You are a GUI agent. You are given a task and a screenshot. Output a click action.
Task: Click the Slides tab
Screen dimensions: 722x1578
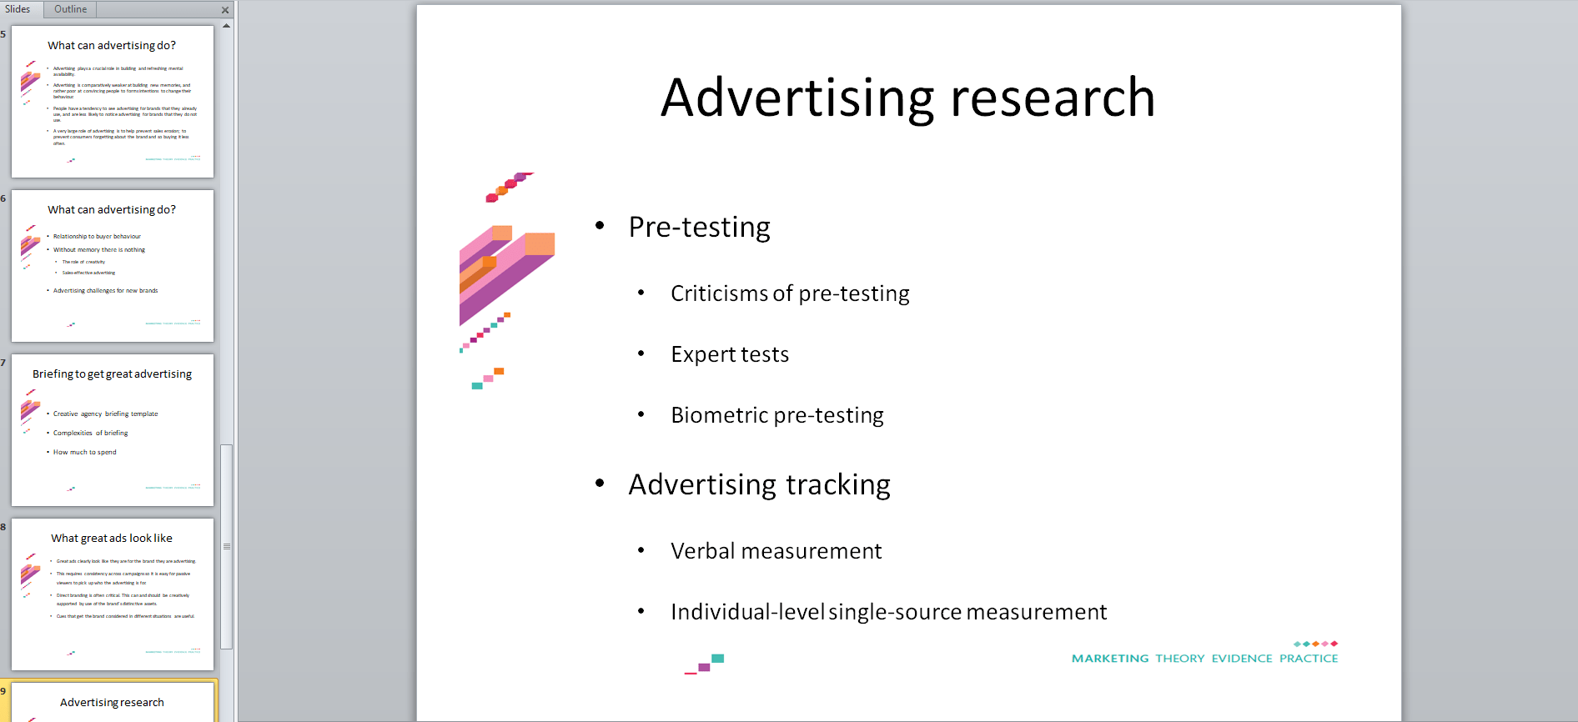click(x=18, y=9)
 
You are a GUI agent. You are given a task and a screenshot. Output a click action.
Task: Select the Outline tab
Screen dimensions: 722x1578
click(x=70, y=9)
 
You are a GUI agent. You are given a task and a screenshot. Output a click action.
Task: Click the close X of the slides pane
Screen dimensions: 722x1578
click(x=225, y=10)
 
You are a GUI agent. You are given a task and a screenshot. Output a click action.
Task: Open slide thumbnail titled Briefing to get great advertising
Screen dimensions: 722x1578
click(x=113, y=430)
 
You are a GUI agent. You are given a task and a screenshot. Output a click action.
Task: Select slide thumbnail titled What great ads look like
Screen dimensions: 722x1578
click(x=113, y=594)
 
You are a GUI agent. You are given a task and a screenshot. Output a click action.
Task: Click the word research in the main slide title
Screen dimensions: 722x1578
click(x=1053, y=98)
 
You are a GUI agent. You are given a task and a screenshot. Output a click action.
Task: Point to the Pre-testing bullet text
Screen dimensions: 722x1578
click(x=699, y=227)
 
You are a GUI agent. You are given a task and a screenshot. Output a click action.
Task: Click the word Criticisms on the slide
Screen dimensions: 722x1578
click(x=719, y=293)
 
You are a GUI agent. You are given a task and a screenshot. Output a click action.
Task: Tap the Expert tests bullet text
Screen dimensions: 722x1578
click(x=730, y=354)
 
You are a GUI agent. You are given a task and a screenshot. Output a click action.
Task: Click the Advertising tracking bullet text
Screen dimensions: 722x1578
click(x=759, y=484)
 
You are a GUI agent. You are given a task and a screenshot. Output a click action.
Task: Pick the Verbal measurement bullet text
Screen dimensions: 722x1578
click(x=776, y=551)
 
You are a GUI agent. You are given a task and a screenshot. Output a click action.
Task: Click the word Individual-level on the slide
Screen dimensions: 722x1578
click(x=747, y=612)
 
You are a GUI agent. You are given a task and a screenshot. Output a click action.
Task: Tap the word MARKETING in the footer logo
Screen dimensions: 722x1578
click(x=1109, y=659)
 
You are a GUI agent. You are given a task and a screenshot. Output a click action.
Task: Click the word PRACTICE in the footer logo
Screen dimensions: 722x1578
click(x=1309, y=659)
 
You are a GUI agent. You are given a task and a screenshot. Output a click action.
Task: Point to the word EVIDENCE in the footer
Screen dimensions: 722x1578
click(x=1242, y=659)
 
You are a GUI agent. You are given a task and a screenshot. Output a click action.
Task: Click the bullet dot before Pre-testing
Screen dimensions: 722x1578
click(x=600, y=226)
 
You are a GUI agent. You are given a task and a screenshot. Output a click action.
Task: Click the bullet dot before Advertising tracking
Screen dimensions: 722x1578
click(x=600, y=484)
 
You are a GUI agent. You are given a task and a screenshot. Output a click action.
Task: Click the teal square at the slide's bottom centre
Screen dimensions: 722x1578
click(x=717, y=659)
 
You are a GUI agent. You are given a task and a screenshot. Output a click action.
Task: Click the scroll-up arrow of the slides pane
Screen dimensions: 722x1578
click(x=226, y=26)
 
